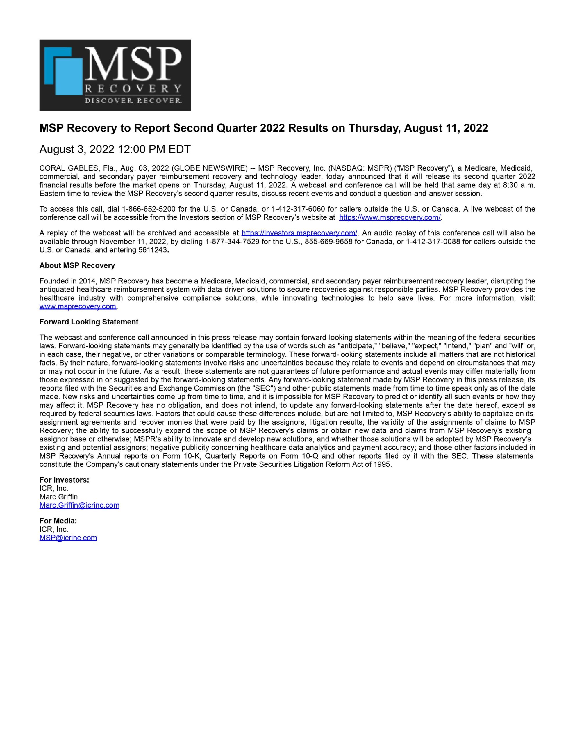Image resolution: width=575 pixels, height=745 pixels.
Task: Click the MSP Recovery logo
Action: [115, 75]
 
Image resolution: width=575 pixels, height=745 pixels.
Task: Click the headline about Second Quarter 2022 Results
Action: [263, 128]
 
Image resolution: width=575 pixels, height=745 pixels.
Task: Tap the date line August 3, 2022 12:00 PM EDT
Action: [115, 149]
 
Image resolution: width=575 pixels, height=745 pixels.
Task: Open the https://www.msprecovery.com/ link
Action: [390, 217]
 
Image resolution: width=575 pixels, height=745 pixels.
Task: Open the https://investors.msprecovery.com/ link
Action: [299, 233]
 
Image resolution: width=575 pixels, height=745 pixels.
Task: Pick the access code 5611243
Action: [154, 250]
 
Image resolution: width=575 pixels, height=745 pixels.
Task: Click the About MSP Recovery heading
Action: [77, 265]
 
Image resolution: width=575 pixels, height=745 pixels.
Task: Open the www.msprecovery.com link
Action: [78, 306]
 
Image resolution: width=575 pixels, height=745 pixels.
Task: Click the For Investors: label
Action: [64, 480]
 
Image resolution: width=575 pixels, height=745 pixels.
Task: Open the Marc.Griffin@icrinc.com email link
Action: [79, 505]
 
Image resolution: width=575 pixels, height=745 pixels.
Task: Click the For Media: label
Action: [58, 521]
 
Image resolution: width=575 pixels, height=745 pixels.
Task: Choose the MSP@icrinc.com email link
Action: [68, 538]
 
